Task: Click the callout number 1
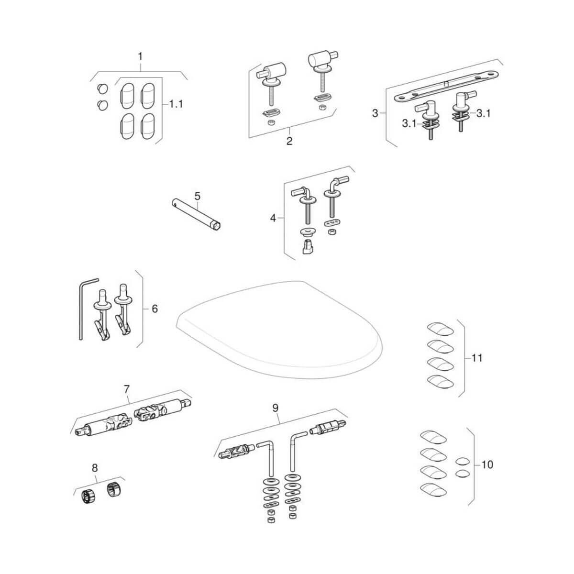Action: pos(140,56)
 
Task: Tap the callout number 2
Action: pos(289,141)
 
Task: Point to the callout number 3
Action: pos(375,113)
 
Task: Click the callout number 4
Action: pos(273,218)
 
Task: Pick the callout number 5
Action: pos(198,196)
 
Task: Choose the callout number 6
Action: pos(155,309)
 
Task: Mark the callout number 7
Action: pos(126,389)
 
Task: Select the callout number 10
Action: pos(487,464)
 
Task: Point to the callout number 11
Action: pos(476,358)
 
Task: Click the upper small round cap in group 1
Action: pos(101,89)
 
